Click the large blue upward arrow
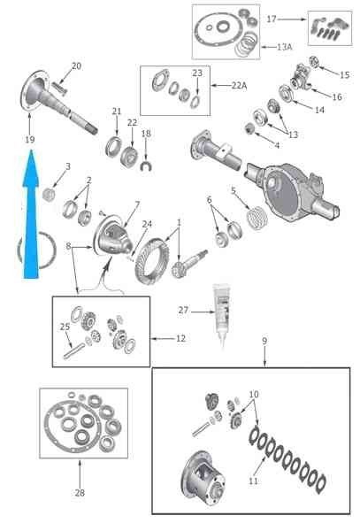[31, 217]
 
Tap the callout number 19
[30, 140]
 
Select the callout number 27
[183, 310]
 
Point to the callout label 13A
[284, 47]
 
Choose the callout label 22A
[239, 86]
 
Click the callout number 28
[80, 493]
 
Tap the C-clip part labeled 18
[147, 167]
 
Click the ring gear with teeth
[151, 261]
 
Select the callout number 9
[264, 341]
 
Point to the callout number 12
[180, 338]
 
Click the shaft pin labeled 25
[73, 350]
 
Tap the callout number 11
[254, 481]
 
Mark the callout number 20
[76, 66]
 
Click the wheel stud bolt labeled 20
[59, 88]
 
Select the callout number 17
[272, 19]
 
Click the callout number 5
[234, 190]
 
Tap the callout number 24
[147, 224]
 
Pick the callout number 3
[68, 166]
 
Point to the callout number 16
[337, 96]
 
